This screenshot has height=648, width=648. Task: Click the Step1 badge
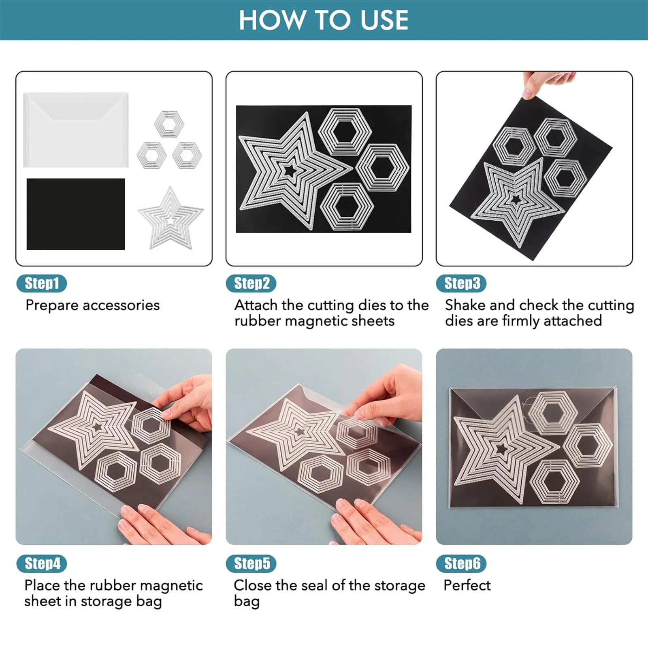point(41,283)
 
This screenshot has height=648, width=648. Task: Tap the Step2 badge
point(251,283)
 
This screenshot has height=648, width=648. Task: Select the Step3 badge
point(461,283)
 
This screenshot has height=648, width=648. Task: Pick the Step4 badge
point(41,564)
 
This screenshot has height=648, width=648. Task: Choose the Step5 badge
point(251,564)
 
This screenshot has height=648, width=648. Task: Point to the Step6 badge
point(461,564)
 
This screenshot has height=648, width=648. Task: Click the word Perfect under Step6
point(467,585)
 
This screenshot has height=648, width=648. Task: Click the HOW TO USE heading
point(324,20)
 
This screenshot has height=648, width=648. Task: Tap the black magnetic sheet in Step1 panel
point(76,214)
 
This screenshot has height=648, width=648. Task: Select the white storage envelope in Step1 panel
point(76,130)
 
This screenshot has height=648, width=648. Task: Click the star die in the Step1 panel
point(171,219)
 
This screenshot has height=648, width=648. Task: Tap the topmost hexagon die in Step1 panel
point(169,123)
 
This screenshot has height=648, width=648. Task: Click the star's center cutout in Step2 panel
point(290,171)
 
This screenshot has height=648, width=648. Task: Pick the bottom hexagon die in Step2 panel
point(347,207)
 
